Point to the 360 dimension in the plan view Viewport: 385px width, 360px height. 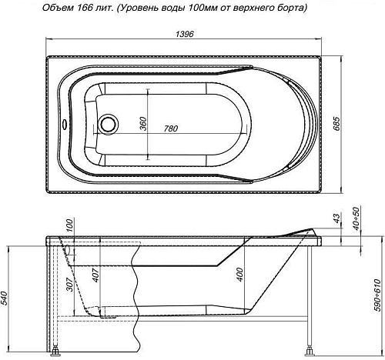(x=144, y=123)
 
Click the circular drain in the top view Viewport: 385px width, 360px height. (x=109, y=124)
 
